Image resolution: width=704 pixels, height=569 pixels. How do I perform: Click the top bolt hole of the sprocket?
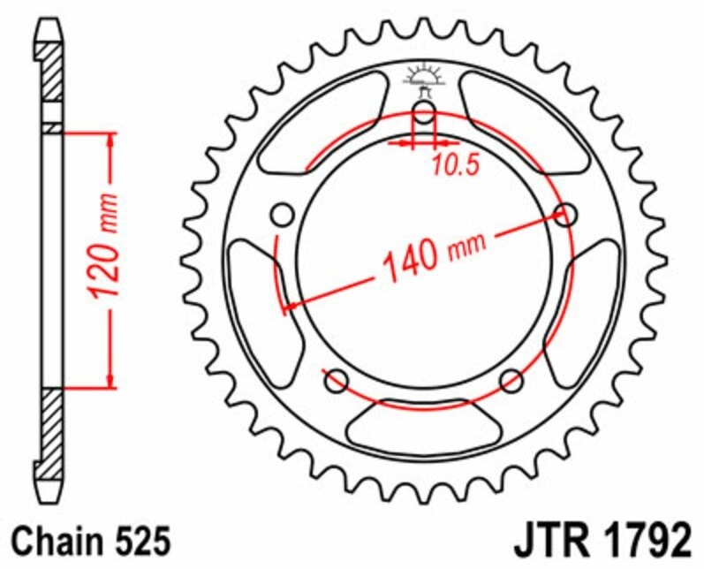pyautogui.click(x=424, y=112)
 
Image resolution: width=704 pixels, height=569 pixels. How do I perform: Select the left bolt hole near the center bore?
pyautogui.click(x=283, y=215)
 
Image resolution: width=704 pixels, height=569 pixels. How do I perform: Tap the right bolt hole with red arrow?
pyautogui.click(x=566, y=214)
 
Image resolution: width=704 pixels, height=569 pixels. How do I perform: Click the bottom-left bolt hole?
pyautogui.click(x=337, y=381)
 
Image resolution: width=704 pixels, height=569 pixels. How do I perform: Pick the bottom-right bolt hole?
pyautogui.click(x=511, y=381)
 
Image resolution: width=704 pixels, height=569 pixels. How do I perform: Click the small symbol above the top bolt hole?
pyautogui.click(x=424, y=78)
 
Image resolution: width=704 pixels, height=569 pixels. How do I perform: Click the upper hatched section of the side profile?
pyautogui.click(x=51, y=72)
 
